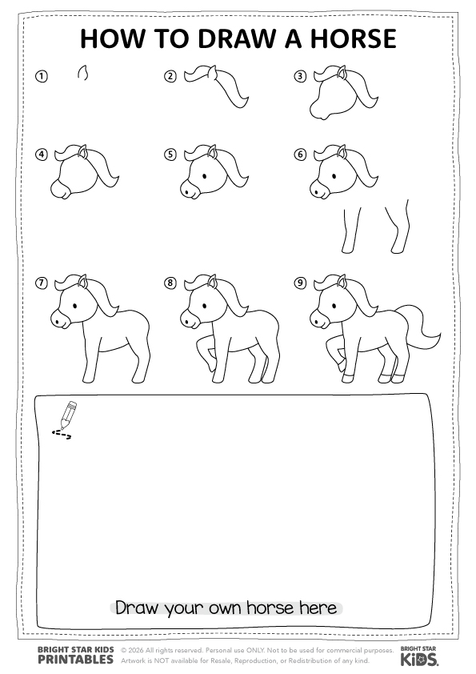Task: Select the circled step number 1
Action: [x=42, y=77]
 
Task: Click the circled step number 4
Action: [x=42, y=154]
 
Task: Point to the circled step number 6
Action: [x=300, y=154]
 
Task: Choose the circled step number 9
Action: [x=300, y=283]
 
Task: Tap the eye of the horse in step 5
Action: [x=204, y=175]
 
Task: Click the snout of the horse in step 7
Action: [x=59, y=319]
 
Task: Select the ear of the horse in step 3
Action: [x=342, y=72]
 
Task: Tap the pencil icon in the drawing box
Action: [x=67, y=415]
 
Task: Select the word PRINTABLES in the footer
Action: [x=76, y=659]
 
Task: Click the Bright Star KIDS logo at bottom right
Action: [x=419, y=656]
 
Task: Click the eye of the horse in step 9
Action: [x=334, y=305]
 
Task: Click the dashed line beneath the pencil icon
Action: [x=62, y=435]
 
